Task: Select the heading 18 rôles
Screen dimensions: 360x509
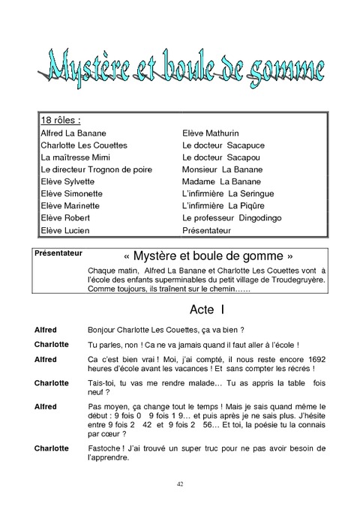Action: pyautogui.click(x=60, y=120)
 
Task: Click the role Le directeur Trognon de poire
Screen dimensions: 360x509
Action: pyautogui.click(x=85, y=169)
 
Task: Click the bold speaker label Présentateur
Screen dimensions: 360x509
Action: pyautogui.click(x=58, y=253)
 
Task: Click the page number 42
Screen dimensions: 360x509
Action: pyautogui.click(x=180, y=484)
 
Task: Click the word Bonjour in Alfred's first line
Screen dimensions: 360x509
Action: pyautogui.click(x=103, y=330)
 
